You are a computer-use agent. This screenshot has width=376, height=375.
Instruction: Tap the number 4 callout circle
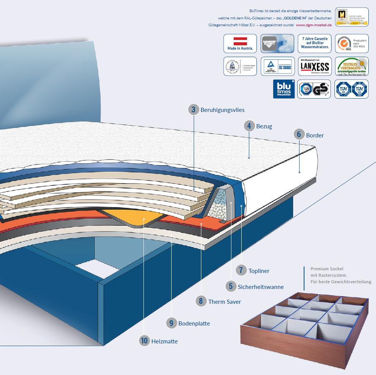(249, 126)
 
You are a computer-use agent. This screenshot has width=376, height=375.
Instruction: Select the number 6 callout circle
(299, 134)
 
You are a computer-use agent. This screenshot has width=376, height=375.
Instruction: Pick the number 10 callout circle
(144, 341)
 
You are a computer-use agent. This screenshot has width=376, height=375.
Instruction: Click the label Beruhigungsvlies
(222, 110)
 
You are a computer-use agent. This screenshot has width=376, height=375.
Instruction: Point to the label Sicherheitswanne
(261, 287)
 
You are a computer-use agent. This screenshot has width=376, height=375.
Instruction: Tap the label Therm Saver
(225, 302)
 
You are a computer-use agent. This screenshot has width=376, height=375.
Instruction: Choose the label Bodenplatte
(194, 324)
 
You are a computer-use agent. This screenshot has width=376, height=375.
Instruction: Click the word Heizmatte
(164, 341)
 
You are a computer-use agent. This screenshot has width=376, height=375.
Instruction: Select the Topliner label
(259, 271)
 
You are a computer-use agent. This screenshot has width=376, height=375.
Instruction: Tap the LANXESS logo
(315, 66)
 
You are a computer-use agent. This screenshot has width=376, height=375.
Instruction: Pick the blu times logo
(284, 89)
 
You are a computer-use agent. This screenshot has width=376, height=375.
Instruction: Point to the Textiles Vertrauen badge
(352, 66)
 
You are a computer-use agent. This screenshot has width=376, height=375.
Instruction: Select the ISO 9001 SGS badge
(352, 43)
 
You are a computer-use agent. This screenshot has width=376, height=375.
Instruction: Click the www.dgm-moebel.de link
(314, 25)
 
